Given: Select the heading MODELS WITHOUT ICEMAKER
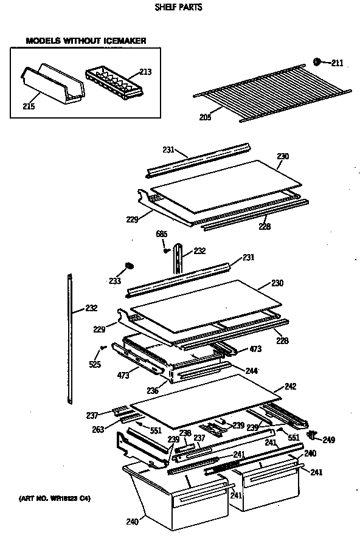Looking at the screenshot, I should point(85,41).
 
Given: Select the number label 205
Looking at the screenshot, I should point(205,117).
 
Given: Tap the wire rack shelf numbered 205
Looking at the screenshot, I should point(271,91).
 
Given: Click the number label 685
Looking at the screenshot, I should point(162,235).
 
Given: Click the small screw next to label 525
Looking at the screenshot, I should point(103,348).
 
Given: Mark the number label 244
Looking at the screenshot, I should point(252,370).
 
